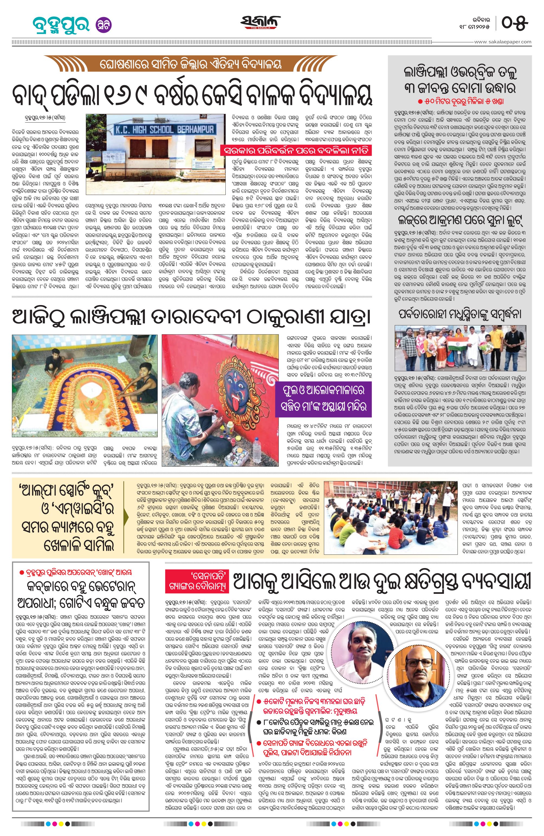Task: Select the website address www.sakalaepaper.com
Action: click(x=503, y=42)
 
